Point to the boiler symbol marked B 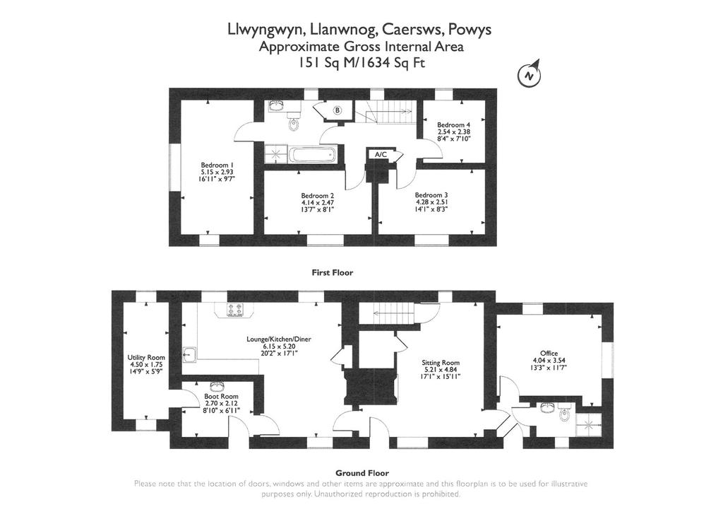[x=337, y=110]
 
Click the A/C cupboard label [x=381, y=155]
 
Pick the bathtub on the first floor [x=313, y=154]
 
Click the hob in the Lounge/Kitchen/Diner [x=234, y=310]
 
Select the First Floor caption [x=333, y=272]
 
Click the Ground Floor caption [x=362, y=473]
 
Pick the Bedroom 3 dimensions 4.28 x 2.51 [x=431, y=202]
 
